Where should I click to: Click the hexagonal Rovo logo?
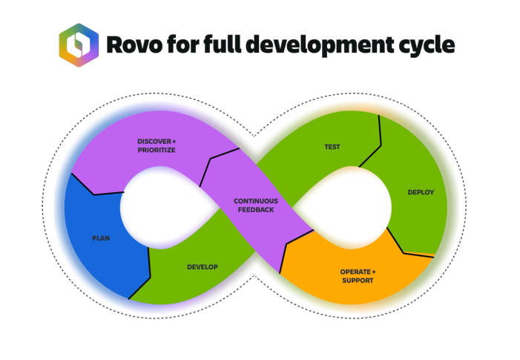tap(78, 45)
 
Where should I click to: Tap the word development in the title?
tap(310, 46)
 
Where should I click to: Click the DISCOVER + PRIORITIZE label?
tap(157, 145)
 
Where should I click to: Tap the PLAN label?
tap(101, 238)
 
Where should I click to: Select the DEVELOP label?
tap(203, 266)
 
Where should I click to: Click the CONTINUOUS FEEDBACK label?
tap(255, 205)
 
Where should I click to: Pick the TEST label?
tap(332, 147)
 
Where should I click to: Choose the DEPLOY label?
tap(421, 192)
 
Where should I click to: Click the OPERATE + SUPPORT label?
tap(358, 275)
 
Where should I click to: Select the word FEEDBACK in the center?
tap(255, 209)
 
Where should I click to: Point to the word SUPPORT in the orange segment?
tap(358, 280)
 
